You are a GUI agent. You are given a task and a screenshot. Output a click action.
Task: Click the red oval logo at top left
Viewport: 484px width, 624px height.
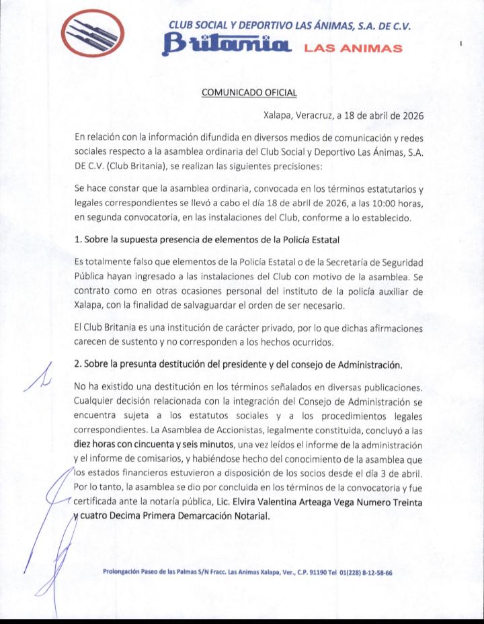pyautogui.click(x=91, y=34)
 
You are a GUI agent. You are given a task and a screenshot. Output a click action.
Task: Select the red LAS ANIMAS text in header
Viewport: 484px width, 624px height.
pyautogui.click(x=353, y=48)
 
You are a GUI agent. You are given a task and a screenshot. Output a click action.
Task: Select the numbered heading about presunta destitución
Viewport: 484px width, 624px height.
pyautogui.click(x=239, y=365)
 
